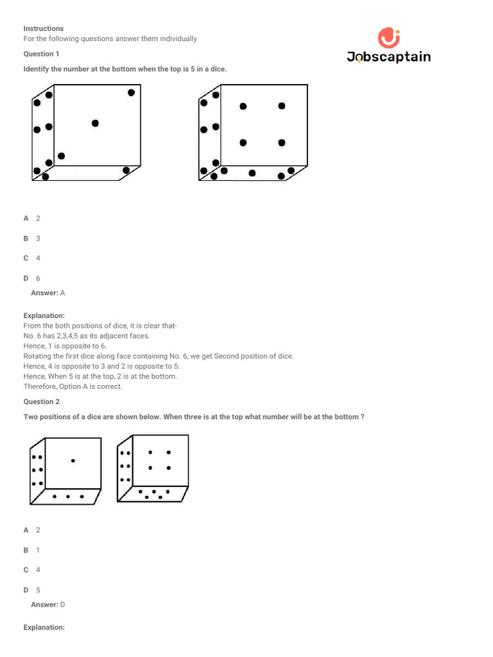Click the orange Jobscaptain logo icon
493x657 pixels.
[388, 38]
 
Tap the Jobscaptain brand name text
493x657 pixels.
[388, 57]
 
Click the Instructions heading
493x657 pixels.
[44, 29]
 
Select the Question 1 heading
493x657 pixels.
[41, 54]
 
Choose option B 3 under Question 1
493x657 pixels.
[32, 238]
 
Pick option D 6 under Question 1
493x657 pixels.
[32, 278]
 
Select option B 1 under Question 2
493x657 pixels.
[32, 550]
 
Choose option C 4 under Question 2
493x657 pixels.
[32, 570]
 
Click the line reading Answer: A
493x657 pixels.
[48, 293]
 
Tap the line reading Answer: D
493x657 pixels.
[48, 604]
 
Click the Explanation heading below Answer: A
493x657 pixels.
[44, 316]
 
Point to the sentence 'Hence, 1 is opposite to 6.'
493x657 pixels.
[65, 346]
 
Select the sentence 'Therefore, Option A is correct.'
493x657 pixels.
[73, 386]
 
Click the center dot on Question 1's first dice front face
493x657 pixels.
[95, 123]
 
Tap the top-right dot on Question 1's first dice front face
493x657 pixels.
[131, 92]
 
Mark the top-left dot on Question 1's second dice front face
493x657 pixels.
[243, 107]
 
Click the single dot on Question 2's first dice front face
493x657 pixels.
[73, 460]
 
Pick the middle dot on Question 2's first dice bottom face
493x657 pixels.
[67, 497]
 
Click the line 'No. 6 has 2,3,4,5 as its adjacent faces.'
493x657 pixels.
[87, 336]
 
